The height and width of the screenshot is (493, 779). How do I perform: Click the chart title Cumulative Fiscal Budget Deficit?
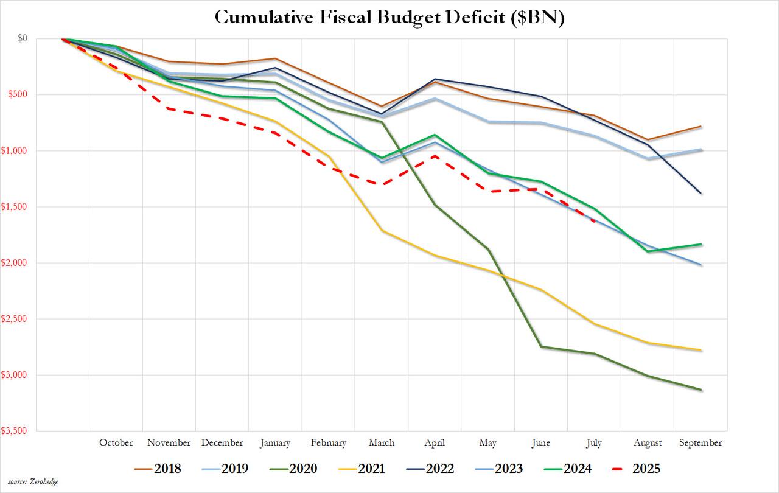[389, 18]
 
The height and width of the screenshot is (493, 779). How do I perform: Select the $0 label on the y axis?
[40, 38]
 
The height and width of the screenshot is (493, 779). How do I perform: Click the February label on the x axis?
[328, 442]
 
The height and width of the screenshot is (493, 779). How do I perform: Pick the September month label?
[700, 442]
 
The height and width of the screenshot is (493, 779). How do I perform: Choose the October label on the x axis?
[116, 442]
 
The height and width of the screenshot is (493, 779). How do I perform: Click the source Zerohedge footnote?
[33, 482]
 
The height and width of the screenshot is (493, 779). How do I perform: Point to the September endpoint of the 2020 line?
[701, 390]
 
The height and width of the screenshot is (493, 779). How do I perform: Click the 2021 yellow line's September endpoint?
[701, 350]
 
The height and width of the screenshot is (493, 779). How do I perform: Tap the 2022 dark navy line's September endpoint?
[701, 194]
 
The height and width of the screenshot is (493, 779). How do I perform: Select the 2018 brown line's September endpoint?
[701, 127]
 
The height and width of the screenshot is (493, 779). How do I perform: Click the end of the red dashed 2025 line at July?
[595, 221]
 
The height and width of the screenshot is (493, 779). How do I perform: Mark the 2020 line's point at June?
[541, 347]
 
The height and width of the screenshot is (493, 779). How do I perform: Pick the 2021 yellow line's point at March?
[382, 230]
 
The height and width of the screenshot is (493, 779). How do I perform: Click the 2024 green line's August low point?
[648, 251]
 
